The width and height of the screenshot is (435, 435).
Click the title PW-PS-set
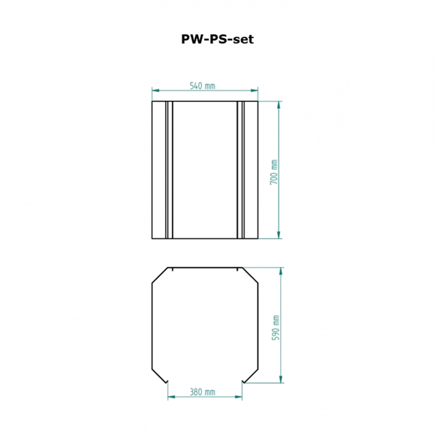point(217,39)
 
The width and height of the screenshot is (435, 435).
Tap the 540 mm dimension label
point(202,86)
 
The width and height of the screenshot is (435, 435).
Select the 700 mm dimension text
point(274,172)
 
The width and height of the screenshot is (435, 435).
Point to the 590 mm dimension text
point(275,328)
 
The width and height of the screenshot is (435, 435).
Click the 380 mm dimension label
point(202,392)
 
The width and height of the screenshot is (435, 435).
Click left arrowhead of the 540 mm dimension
point(156,91)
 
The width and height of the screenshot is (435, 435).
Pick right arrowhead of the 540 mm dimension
point(254,91)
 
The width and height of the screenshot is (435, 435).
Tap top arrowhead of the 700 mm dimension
point(279,105)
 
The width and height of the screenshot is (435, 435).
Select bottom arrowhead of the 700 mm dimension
point(279,234)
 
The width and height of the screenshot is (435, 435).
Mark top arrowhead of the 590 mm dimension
point(281,271)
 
